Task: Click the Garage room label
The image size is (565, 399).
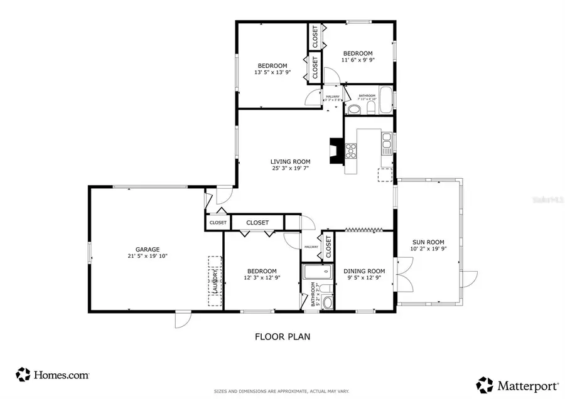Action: pyautogui.click(x=148, y=252)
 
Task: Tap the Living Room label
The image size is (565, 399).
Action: pyautogui.click(x=291, y=165)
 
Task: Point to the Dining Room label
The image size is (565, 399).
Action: pyautogui.click(x=364, y=275)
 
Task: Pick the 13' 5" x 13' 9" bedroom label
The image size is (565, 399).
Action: pyautogui.click(x=272, y=69)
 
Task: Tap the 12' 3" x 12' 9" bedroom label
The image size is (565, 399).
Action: pyautogui.click(x=261, y=274)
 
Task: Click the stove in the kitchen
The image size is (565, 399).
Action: pyautogui.click(x=351, y=151)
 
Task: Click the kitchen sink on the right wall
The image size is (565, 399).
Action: pyautogui.click(x=387, y=142)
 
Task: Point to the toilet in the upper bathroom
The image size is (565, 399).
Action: pyautogui.click(x=353, y=110)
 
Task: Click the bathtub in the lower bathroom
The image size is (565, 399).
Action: pyautogui.click(x=318, y=272)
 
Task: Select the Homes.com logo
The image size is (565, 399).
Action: pyautogui.click(x=53, y=375)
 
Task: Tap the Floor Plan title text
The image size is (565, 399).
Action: pyautogui.click(x=282, y=336)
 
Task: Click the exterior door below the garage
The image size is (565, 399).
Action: pyautogui.click(x=181, y=320)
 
